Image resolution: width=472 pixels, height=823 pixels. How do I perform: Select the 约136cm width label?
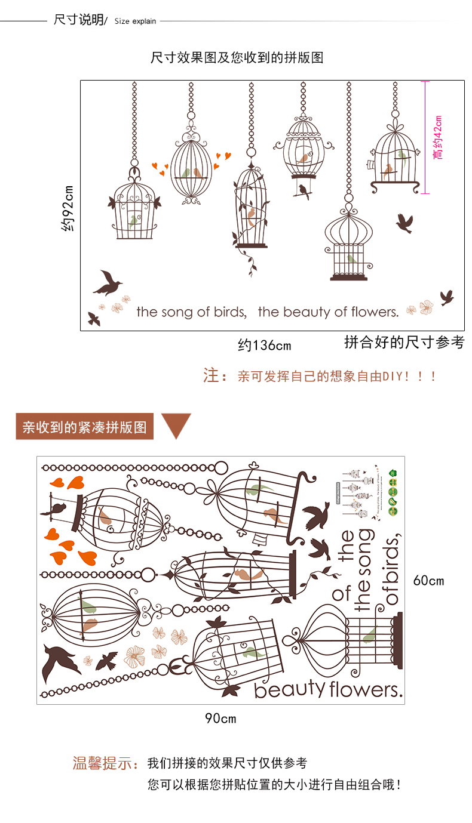coord(264,345)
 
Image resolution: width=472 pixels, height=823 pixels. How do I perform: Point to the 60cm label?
coord(428,580)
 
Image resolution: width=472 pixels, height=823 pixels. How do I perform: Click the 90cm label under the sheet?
coord(220,718)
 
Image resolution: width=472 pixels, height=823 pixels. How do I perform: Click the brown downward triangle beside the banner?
coord(176,425)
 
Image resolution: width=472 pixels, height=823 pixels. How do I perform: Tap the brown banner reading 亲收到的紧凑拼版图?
coord(84,427)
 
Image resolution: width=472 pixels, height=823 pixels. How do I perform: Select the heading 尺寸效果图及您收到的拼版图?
coord(237,58)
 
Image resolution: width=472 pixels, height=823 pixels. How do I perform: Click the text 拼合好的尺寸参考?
coord(404,343)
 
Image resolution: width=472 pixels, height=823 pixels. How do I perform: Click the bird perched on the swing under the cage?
coord(303,190)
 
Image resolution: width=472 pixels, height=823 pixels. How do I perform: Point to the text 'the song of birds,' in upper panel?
coord(191,312)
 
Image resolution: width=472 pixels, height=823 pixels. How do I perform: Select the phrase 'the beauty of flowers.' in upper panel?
coord(328,312)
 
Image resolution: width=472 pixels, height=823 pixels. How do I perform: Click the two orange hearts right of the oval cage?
coord(223,157)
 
